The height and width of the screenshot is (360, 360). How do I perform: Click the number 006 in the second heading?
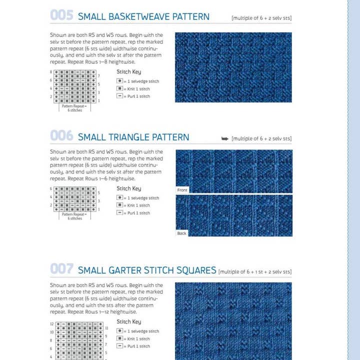[61, 136]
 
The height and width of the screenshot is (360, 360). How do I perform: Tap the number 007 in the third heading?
[61, 269]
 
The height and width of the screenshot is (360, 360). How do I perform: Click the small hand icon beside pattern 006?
[225, 138]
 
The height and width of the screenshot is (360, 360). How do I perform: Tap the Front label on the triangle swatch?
[182, 190]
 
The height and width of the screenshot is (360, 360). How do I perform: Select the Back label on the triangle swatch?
[181, 233]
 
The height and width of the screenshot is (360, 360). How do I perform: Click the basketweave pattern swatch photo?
[233, 67]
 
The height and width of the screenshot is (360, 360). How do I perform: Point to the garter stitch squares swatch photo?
[233, 320]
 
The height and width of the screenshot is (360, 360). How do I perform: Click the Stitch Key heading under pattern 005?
[128, 72]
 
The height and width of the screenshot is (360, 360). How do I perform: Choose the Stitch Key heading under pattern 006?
[128, 188]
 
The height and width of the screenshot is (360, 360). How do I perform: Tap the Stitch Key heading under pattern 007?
[128, 321]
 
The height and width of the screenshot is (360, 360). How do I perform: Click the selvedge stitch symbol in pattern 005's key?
[120, 80]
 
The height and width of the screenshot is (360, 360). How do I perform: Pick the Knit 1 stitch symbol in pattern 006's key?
[120, 205]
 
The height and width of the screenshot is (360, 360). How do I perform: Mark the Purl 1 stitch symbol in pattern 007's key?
[120, 346]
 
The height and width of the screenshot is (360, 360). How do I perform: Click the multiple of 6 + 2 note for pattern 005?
[261, 18]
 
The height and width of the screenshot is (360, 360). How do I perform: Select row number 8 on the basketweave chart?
[51, 72]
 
